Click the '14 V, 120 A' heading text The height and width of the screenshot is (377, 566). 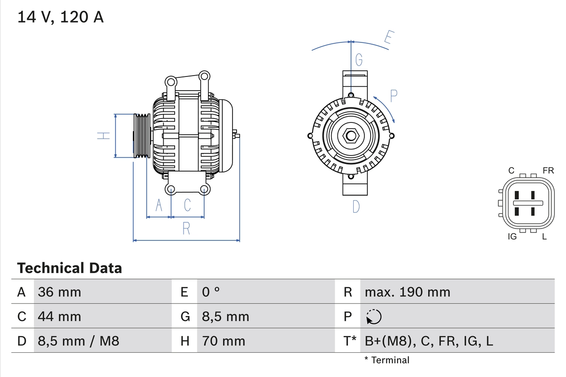(61, 17)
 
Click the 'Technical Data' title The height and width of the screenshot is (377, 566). (69, 268)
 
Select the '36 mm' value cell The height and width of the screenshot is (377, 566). (59, 292)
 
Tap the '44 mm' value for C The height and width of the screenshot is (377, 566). (59, 316)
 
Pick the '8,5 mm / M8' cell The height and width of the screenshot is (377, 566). (78, 341)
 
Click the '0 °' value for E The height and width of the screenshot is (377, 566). (211, 292)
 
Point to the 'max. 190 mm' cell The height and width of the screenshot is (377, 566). (407, 292)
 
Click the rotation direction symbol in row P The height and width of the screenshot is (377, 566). (374, 316)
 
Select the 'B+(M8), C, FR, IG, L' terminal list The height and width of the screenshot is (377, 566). (428, 341)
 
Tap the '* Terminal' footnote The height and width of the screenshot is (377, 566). (387, 360)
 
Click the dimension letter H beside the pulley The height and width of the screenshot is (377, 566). (103, 136)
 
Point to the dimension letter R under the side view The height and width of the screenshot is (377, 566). (186, 228)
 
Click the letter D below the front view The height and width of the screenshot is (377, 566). (356, 206)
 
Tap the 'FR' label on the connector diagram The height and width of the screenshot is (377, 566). (548, 171)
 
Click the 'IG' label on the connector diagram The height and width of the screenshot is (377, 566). (512, 236)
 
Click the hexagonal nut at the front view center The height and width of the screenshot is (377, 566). (351, 135)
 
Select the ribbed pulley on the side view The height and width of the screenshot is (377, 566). (142, 136)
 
